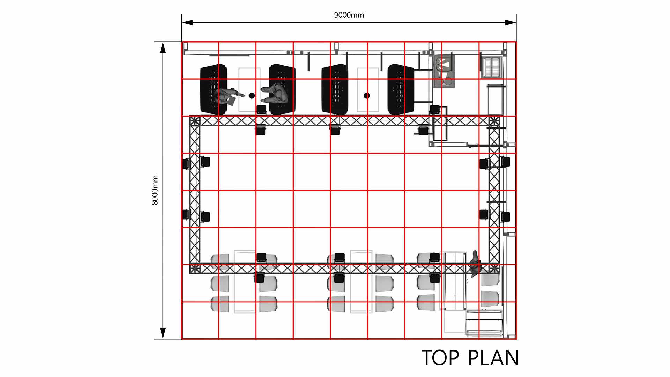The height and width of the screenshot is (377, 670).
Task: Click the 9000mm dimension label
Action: [349, 15]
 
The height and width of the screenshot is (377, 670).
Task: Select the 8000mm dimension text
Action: [155, 190]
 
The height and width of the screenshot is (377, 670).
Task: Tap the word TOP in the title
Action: [441, 358]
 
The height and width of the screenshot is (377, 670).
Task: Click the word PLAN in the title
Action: [493, 358]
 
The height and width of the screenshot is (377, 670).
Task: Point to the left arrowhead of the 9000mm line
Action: [187, 23]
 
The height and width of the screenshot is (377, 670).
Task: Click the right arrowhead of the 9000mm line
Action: [511, 23]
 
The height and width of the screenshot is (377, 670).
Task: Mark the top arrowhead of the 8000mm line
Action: [163, 47]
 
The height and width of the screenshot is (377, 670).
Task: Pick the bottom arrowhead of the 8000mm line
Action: [163, 333]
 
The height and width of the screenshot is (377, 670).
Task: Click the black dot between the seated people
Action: [252, 95]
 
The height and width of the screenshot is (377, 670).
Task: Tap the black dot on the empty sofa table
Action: [367, 95]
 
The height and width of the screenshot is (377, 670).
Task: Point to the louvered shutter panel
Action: [492, 68]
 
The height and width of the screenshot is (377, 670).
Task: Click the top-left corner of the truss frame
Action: [195, 121]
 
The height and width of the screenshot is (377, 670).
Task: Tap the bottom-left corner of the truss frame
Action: [195, 268]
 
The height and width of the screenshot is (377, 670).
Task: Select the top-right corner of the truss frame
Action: [494, 121]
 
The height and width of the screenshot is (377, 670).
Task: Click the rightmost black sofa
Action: [401, 89]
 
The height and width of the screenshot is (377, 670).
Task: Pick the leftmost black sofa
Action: [214, 89]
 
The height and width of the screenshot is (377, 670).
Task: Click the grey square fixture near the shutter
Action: [444, 71]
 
